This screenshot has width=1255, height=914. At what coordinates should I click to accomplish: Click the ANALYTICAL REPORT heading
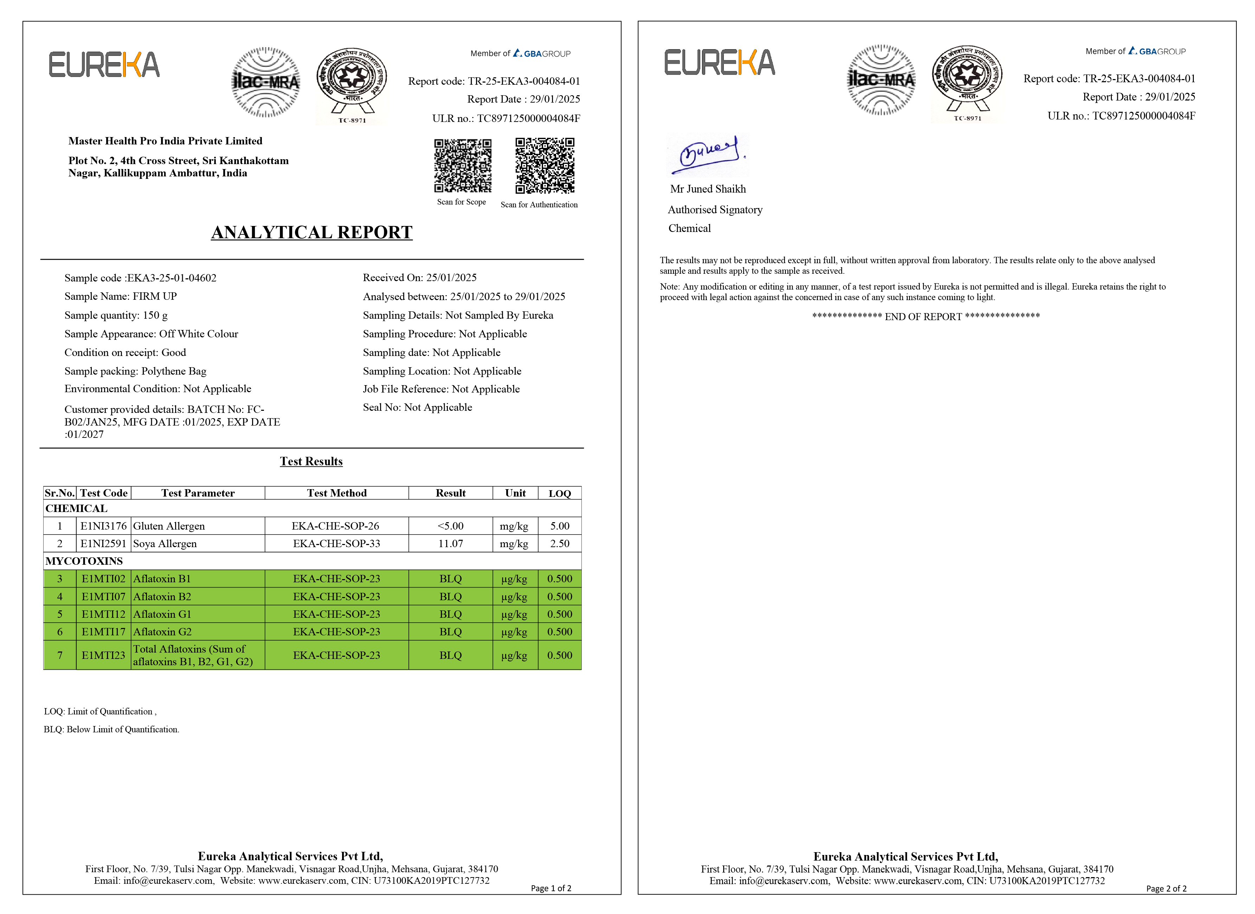tap(311, 232)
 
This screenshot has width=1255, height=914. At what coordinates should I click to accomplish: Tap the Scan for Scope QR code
tap(463, 166)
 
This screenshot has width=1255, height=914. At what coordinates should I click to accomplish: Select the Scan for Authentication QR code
tap(545, 166)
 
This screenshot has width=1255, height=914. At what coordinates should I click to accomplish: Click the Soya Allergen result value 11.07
tap(450, 543)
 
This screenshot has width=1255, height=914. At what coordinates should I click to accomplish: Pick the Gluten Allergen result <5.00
tap(450, 526)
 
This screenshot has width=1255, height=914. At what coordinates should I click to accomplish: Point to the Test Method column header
tap(336, 493)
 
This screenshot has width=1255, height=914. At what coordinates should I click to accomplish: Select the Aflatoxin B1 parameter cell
tap(162, 579)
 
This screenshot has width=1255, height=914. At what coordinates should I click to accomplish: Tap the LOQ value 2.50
tap(559, 543)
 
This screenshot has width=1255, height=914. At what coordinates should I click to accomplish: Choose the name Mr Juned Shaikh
tap(708, 189)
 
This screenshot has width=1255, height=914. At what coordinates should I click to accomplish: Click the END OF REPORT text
tap(926, 317)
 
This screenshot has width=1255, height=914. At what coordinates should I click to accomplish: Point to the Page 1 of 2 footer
tap(551, 888)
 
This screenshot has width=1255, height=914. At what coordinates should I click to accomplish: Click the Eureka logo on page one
tap(104, 65)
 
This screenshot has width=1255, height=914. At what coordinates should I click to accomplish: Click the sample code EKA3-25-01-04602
tap(172, 278)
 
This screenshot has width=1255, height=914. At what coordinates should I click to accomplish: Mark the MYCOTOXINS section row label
tap(84, 561)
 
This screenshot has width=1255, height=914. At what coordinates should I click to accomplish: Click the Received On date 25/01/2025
tap(451, 278)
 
